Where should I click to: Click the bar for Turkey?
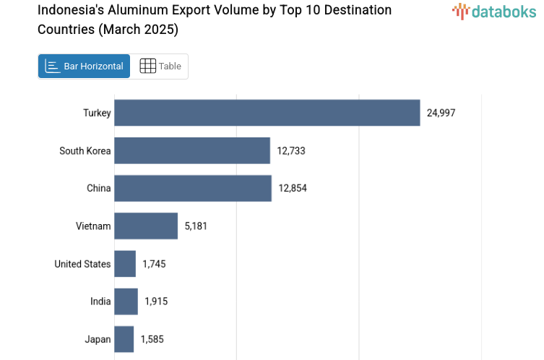pyautogui.click(x=267, y=113)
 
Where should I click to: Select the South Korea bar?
pyautogui.click(x=191, y=150)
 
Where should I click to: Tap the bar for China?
pyautogui.click(x=192, y=188)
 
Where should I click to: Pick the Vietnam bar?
pyautogui.click(x=145, y=226)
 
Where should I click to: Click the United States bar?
pyautogui.click(x=124, y=264)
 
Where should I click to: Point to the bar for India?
pyautogui.click(x=126, y=301)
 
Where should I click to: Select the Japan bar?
pyautogui.click(x=124, y=339)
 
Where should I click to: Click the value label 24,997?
pyautogui.click(x=441, y=113)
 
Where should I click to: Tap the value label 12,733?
pyautogui.click(x=291, y=150)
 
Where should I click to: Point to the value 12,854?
pyautogui.click(x=293, y=188)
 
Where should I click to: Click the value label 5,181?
pyautogui.click(x=196, y=226)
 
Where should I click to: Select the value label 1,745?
pyautogui.click(x=154, y=264)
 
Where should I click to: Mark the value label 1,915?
pyautogui.click(x=156, y=301)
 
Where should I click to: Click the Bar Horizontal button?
pyautogui.click(x=84, y=66)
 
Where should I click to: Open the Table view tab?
pyautogui.click(x=160, y=66)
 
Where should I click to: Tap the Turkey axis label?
pyautogui.click(x=97, y=113)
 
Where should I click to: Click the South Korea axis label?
pyautogui.click(x=85, y=150)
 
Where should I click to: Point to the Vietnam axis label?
pyautogui.click(x=93, y=226)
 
